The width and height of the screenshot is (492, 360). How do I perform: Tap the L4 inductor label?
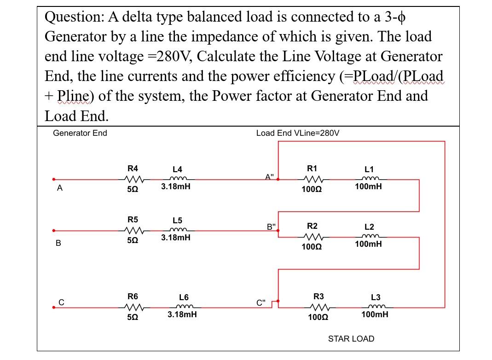[x=177, y=169]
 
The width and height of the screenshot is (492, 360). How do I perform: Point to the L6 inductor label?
[x=183, y=297]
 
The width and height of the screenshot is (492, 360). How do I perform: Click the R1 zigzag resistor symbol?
[x=312, y=179]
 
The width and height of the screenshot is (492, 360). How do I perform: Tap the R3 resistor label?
[x=318, y=296]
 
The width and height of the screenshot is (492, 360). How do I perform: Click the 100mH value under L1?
[x=368, y=187]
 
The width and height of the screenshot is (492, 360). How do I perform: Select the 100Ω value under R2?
[x=312, y=247]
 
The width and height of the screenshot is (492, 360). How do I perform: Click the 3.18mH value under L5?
[x=176, y=238]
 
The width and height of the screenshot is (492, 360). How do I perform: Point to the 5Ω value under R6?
[x=133, y=318]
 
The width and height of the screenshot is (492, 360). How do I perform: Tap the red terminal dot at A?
[x=54, y=180]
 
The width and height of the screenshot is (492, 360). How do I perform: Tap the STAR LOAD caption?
[x=351, y=339]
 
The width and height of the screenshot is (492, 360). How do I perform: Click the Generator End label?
[x=80, y=133]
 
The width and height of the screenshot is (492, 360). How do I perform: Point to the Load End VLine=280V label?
[x=298, y=133]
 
